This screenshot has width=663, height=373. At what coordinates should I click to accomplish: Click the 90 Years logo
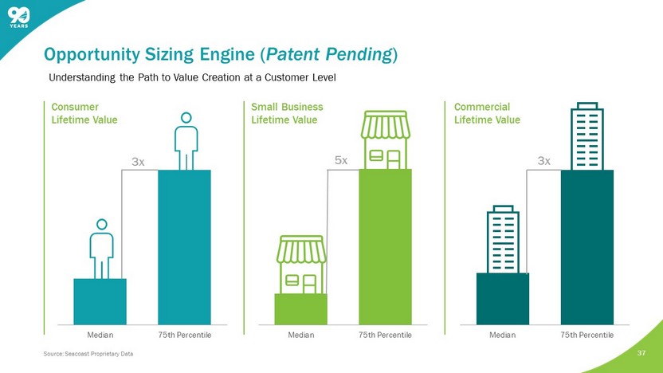(x=18, y=18)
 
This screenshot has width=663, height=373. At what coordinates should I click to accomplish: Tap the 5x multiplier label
(x=341, y=160)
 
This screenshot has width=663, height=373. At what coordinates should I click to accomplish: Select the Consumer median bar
(x=100, y=301)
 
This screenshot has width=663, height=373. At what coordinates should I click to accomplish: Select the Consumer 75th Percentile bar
(x=184, y=247)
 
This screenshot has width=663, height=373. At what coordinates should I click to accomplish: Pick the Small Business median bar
(x=300, y=309)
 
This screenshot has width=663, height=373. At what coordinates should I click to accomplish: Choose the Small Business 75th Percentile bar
(x=385, y=247)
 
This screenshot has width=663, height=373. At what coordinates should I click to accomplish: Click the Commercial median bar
(x=503, y=299)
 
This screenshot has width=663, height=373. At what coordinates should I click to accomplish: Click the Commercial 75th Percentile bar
(x=587, y=247)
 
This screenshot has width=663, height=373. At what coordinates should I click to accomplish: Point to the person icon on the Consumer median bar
(x=101, y=249)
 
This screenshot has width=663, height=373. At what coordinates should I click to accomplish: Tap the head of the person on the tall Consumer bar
(x=186, y=118)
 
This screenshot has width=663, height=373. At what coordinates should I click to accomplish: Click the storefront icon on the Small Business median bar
(x=301, y=265)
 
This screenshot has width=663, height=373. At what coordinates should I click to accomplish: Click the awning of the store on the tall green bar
(x=386, y=125)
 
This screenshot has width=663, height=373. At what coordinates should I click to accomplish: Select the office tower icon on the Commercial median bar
(x=503, y=239)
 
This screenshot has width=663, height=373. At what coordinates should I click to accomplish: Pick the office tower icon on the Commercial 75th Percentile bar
(x=586, y=136)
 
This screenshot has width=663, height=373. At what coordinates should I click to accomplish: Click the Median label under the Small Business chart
(x=301, y=335)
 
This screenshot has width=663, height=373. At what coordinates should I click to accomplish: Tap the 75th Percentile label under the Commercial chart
(x=586, y=335)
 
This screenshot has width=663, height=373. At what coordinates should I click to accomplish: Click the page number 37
(x=641, y=353)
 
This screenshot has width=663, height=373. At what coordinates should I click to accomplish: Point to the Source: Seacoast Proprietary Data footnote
(x=88, y=354)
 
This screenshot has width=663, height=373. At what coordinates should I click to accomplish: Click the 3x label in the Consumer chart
(x=138, y=162)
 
